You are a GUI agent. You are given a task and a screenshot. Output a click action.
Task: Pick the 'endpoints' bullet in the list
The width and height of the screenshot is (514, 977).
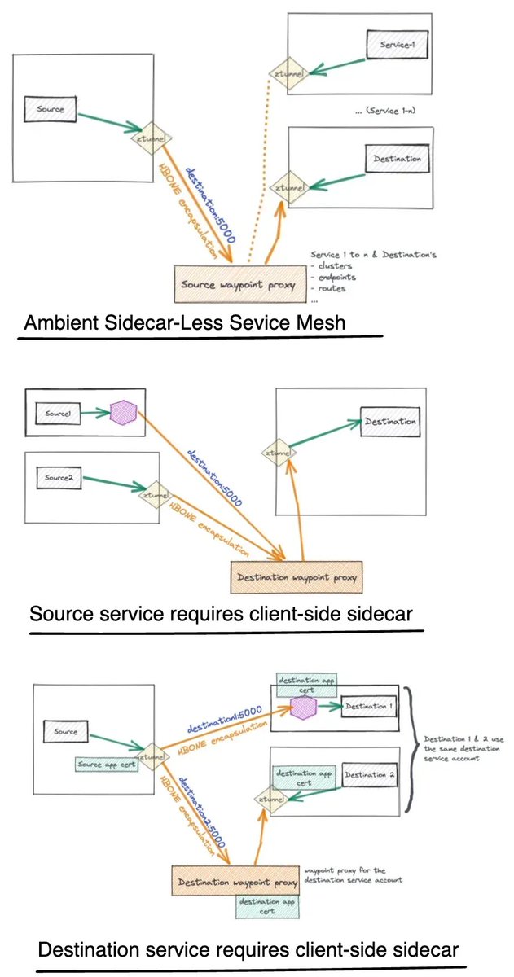334,277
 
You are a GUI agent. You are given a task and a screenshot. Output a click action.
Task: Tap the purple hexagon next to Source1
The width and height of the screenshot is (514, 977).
122,412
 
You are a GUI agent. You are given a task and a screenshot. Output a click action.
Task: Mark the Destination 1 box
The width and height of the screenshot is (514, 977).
369,706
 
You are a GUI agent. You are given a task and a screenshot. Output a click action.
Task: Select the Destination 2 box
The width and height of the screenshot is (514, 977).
370,774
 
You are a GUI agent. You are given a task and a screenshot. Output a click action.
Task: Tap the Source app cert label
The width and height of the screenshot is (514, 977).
103,765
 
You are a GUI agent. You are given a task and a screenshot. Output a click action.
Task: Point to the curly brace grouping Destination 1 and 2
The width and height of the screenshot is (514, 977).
412,749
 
